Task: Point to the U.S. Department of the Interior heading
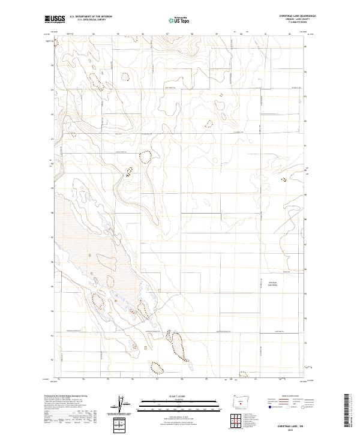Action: [91, 17]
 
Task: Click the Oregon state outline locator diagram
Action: [241, 401]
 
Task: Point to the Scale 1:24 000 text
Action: [180, 396]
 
